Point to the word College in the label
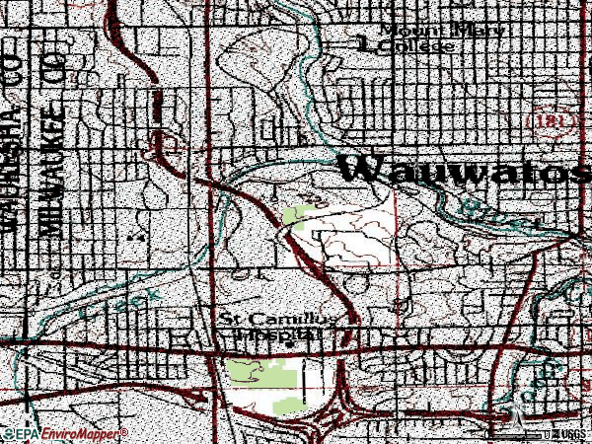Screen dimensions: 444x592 (x=419, y=45)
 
